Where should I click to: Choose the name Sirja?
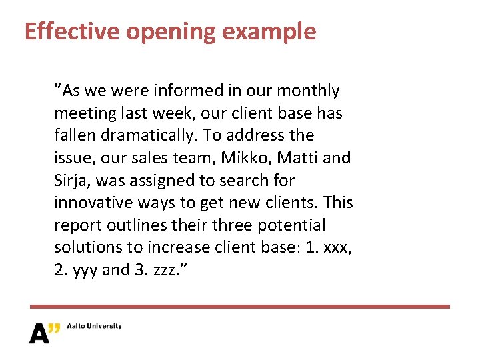coord(73,181)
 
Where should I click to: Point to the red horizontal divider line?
coord(240,307)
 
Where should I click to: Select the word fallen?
coord(75,135)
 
